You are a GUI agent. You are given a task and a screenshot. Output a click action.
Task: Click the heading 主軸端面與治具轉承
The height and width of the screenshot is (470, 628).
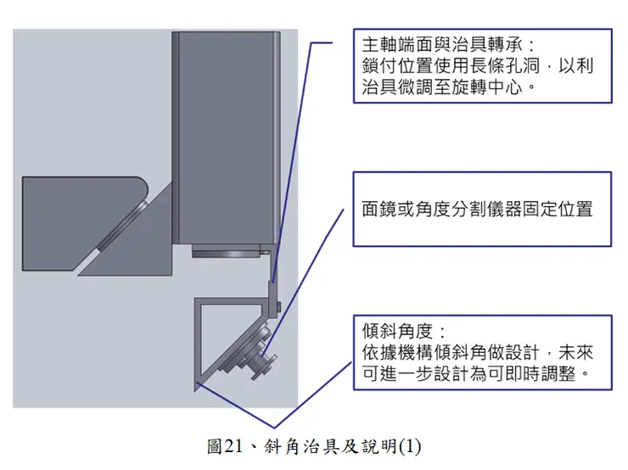tap(442, 45)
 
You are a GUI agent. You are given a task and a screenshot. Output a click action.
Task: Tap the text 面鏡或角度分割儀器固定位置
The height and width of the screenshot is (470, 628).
tap(477, 209)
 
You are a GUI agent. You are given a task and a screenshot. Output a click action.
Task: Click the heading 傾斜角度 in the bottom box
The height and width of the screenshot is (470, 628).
tap(397, 331)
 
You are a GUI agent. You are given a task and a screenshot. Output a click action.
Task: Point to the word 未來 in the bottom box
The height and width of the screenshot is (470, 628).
tap(576, 352)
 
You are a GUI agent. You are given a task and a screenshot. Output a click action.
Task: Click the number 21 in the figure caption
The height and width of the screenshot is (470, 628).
tap(233, 446)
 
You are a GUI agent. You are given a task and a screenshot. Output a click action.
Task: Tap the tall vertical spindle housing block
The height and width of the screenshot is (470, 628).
tap(227, 137)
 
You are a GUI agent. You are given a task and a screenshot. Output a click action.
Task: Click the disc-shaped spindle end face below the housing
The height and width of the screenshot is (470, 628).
tap(227, 251)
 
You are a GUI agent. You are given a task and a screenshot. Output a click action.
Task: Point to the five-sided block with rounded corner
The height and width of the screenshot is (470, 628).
tap(85, 224)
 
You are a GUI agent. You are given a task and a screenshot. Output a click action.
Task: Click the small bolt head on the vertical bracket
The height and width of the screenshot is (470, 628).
tap(278, 307)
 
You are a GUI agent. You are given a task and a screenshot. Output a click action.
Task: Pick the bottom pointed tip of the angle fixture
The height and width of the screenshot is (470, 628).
tap(195, 391)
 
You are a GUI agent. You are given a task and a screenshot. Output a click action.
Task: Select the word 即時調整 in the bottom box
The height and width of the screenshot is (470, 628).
tap(541, 373)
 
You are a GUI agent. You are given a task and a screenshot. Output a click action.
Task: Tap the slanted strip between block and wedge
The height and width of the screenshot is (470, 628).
tap(121, 227)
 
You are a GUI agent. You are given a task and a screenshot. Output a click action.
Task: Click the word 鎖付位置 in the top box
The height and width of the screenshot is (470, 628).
tap(397, 66)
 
